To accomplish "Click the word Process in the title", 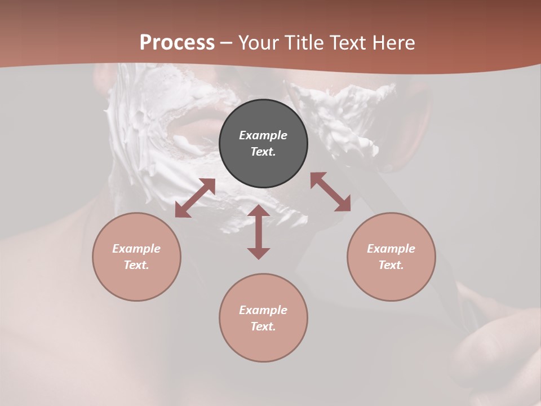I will point(177,42).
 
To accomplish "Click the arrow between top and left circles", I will point(195,198).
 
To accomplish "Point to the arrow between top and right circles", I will point(330,192).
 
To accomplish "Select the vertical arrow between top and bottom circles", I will point(259,232).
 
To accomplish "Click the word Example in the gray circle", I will point(263,135).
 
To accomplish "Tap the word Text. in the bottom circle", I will point(263,326).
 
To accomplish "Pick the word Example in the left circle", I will point(136,249).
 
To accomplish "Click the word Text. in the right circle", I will point(391,265).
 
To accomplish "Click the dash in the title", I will point(226,43).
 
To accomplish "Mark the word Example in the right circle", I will point(391,249).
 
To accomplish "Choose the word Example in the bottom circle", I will point(263,310).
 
